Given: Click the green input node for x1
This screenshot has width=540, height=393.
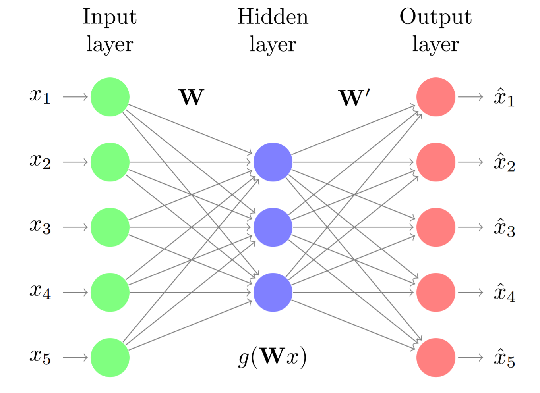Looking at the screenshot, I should [110, 97].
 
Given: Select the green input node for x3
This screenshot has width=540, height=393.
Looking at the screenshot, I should [110, 227].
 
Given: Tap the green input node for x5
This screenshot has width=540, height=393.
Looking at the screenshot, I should [110, 357].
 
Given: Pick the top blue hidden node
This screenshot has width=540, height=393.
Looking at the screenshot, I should [273, 162].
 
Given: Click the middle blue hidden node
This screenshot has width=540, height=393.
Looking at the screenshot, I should [273, 227].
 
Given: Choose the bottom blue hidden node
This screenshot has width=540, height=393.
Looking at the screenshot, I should [273, 292].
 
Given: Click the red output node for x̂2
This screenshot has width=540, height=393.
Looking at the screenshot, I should [436, 162].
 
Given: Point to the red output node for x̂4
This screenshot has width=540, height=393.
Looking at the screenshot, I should [436, 292].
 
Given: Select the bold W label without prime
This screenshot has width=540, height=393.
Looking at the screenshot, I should [192, 97].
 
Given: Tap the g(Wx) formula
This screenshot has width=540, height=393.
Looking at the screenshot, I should [273, 357].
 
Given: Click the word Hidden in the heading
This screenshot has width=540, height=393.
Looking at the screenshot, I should [273, 17].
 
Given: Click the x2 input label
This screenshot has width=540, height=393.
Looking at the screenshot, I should [40, 161].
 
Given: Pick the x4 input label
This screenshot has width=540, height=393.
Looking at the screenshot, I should [40, 291].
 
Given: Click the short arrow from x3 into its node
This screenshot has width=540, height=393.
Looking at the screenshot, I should [75, 227].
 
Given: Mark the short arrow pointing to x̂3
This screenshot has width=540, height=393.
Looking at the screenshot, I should [470, 227].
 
